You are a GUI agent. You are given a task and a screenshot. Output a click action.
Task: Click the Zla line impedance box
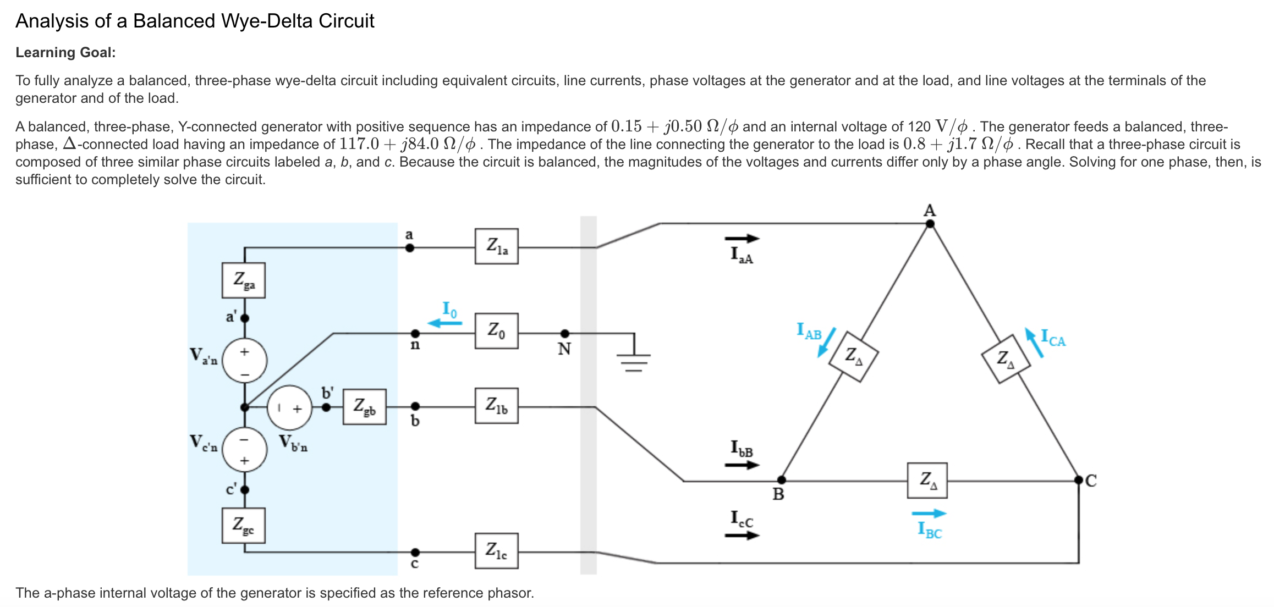pos(496,246)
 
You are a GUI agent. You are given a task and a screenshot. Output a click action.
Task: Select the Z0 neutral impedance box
pos(496,331)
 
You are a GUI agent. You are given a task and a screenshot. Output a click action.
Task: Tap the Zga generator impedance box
pos(244,280)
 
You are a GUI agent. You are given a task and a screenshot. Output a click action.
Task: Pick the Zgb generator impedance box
pos(364,407)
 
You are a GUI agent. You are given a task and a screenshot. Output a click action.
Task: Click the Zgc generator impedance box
pos(244,526)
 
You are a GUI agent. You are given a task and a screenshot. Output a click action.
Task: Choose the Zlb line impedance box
pos(496,406)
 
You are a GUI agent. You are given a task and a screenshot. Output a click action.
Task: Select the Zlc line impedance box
pos(496,550)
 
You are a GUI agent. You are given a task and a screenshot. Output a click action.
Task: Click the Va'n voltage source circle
pos(245,361)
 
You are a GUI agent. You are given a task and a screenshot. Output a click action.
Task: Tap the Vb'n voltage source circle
pos(290,407)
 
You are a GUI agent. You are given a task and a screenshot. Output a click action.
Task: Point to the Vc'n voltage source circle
pos(245,450)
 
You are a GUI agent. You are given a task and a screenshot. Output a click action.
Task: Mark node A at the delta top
pos(930,224)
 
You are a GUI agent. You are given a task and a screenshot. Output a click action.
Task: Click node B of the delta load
pos(781,480)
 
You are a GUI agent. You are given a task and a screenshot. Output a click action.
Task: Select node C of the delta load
pos(1079,480)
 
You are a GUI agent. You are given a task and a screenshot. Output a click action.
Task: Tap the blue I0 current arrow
pos(444,323)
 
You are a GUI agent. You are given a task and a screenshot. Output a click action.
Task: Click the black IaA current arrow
pos(742,239)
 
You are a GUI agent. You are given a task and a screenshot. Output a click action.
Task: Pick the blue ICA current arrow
pos(1034,343)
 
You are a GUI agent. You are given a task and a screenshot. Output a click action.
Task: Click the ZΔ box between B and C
pos(927,481)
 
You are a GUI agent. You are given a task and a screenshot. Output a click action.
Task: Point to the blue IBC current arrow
pos(929,514)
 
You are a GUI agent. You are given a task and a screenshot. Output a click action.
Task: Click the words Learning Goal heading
pos(65,53)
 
